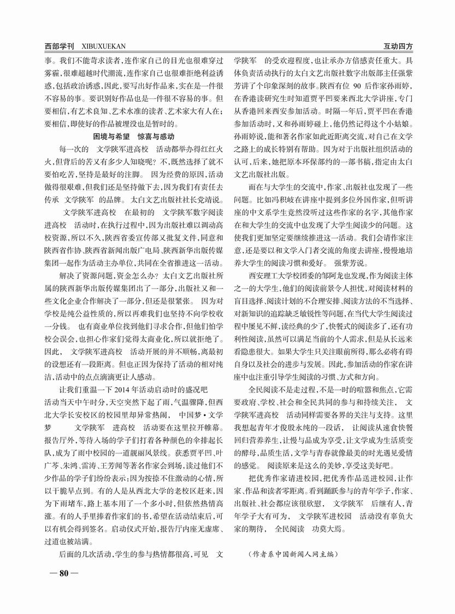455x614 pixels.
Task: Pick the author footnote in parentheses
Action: [293, 554]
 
